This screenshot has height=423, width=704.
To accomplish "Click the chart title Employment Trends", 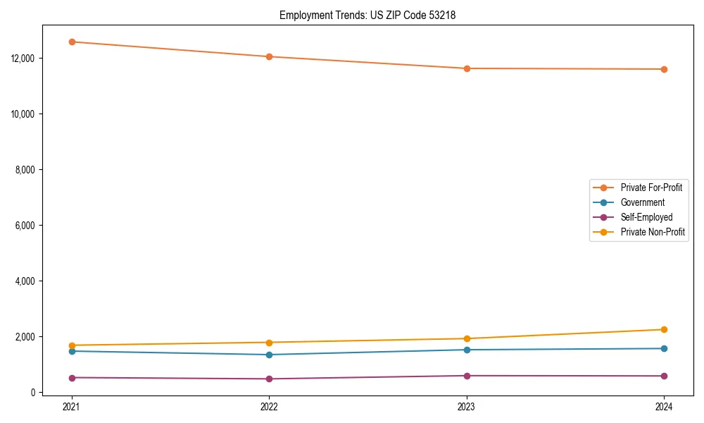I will click(367, 15).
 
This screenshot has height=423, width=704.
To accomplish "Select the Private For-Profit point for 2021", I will click(72, 42).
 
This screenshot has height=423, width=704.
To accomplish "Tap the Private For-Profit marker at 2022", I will click(269, 56).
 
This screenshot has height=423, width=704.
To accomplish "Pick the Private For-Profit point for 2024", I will click(664, 69).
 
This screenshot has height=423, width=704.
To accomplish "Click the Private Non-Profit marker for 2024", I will click(664, 329).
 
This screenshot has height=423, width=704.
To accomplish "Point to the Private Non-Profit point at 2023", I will click(467, 338).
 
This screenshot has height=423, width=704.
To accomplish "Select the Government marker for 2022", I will click(269, 355).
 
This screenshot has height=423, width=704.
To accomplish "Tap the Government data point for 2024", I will click(664, 348).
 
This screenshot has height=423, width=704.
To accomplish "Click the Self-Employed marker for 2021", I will click(72, 377).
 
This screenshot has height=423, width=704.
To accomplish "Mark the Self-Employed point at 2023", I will click(467, 376).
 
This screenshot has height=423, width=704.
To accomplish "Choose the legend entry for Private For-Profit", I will click(650, 188).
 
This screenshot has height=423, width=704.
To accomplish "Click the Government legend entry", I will click(642, 202).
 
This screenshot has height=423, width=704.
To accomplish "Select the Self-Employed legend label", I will click(646, 217).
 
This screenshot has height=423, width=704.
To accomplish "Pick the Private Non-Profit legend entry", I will click(653, 232).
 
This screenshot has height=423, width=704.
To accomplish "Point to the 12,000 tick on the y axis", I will click(25, 58).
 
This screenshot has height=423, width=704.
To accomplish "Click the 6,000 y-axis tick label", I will click(27, 225).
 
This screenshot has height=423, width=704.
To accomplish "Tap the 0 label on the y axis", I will click(33, 393).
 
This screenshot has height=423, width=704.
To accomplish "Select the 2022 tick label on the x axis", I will click(269, 407).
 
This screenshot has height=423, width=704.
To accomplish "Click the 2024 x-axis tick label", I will click(664, 407).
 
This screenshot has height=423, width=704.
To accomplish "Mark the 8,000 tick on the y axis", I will click(27, 169).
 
